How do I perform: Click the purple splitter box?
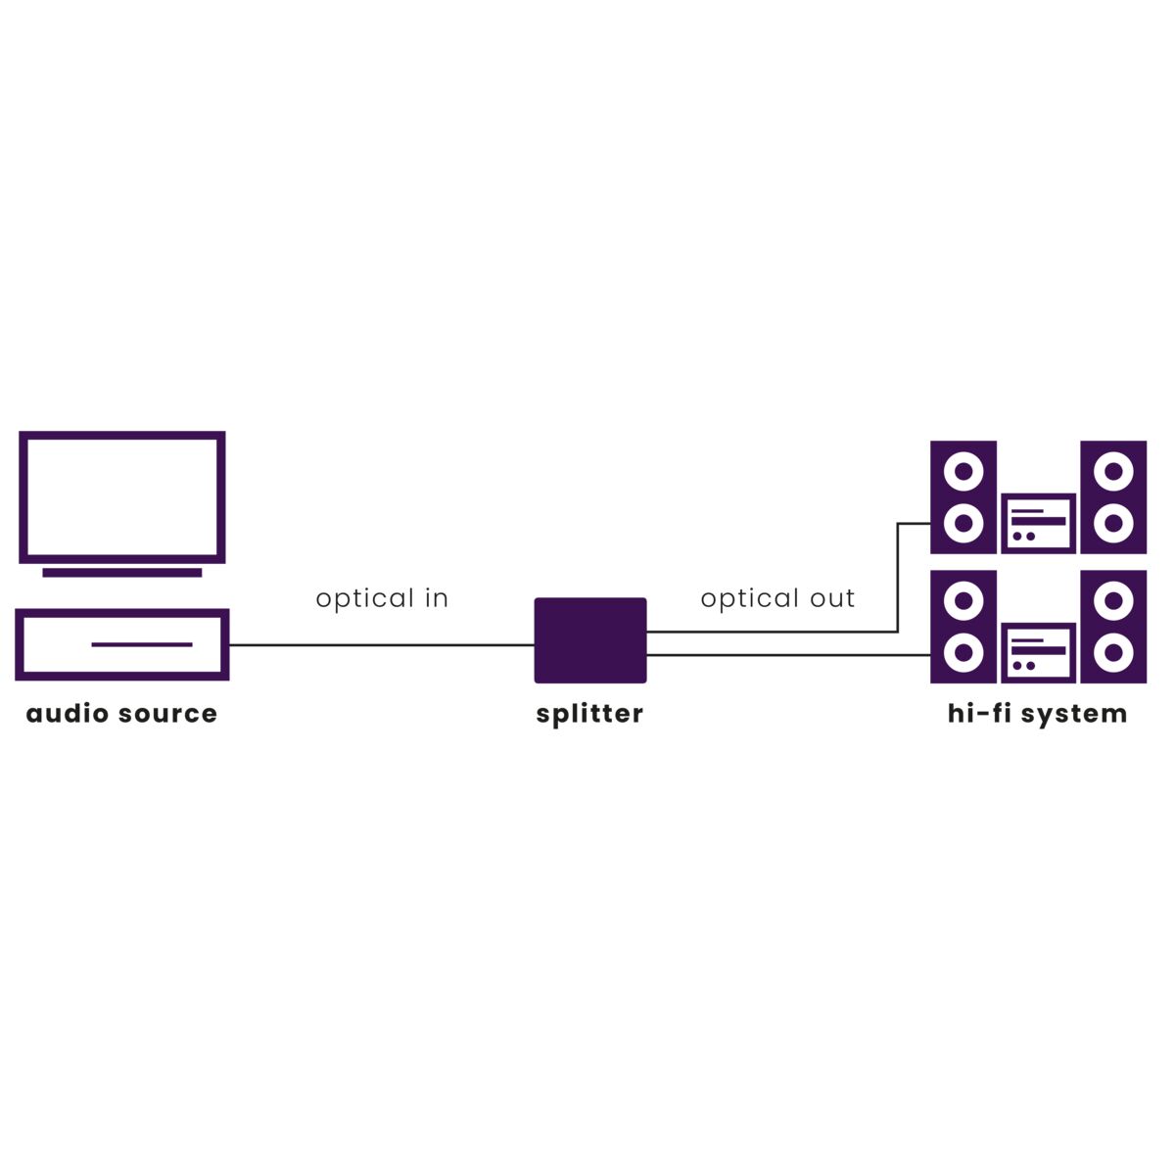589,639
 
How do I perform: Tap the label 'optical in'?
382,598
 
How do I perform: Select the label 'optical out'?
777,598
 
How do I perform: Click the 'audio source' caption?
121,714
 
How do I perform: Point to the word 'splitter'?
589,714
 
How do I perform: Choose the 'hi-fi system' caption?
1037,714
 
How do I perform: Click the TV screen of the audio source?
122,496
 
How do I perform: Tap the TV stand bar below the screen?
122,573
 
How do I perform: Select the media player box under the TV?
122,644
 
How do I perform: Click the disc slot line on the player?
142,644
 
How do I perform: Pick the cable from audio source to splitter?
382,645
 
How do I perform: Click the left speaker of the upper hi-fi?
963,497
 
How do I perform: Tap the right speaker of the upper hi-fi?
1113,497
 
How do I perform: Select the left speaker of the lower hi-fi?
963,627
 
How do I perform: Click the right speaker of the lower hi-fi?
1113,627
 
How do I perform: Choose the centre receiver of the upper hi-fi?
1038,523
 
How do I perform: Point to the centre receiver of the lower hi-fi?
1038,652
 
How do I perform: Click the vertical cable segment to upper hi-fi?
898,578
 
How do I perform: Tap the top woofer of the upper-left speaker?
963,472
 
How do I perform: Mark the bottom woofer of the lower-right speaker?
1113,653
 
